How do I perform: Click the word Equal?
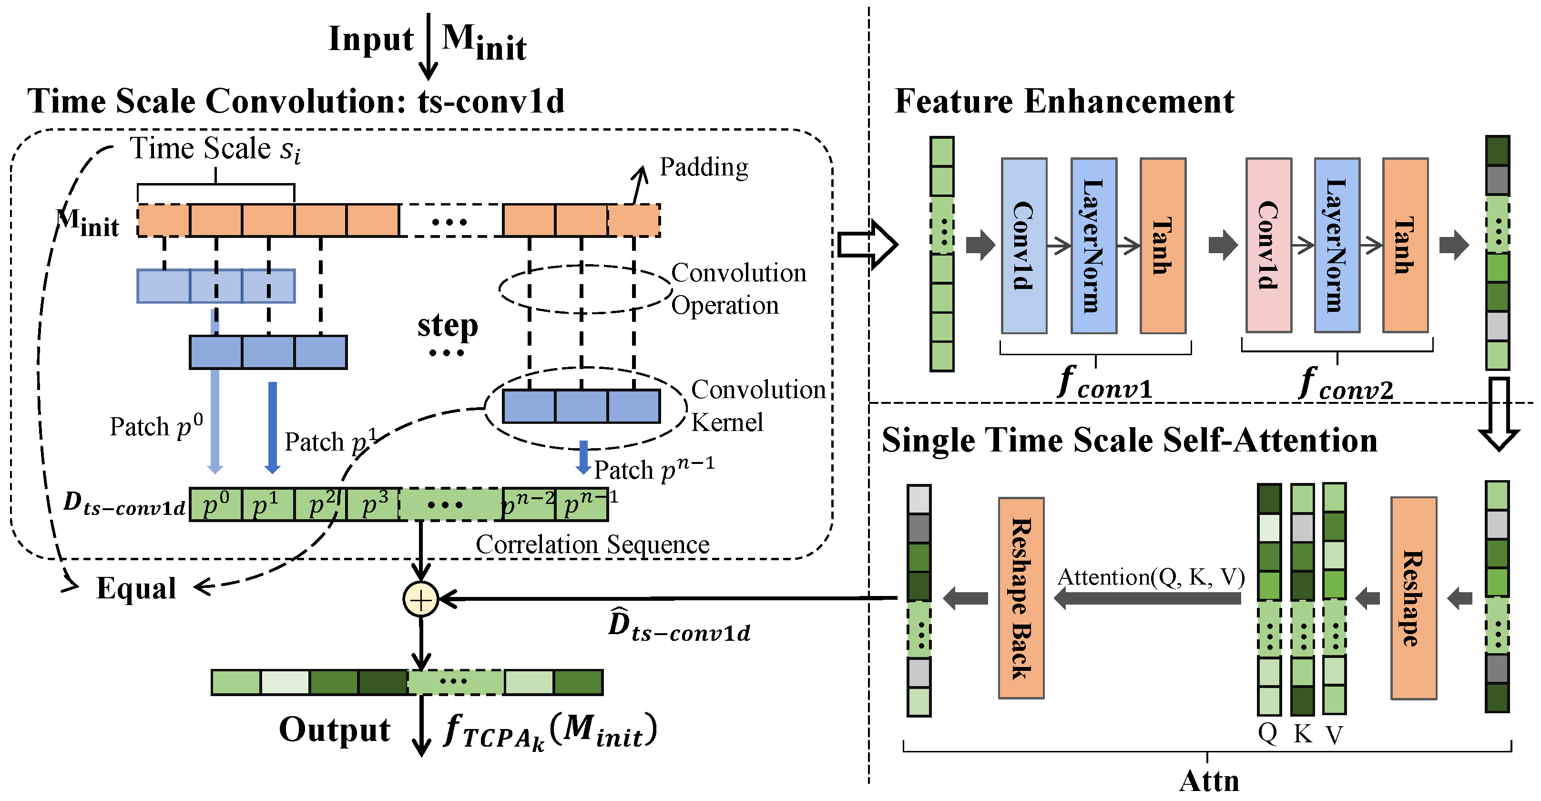(136, 588)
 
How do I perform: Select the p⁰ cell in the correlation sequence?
(215, 505)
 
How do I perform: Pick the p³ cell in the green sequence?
(374, 505)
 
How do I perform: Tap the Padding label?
(704, 167)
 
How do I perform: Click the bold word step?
(448, 326)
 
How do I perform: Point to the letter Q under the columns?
(1267, 733)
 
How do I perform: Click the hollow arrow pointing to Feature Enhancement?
(867, 244)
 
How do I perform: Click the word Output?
(335, 730)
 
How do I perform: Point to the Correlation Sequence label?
(592, 545)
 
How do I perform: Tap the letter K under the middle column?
(1302, 734)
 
